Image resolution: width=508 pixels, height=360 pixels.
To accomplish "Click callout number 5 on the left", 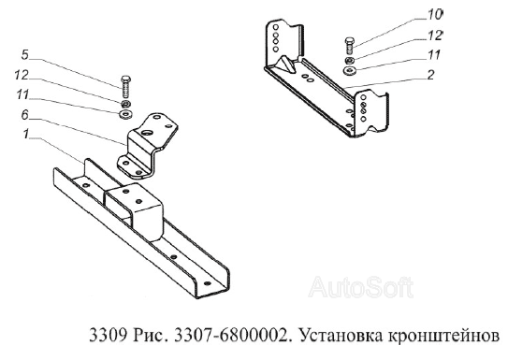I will click(26, 53).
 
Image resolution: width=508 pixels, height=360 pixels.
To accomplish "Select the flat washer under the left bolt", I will click(124, 115).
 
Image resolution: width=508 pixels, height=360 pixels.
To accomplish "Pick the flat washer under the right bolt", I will click(349, 71).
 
